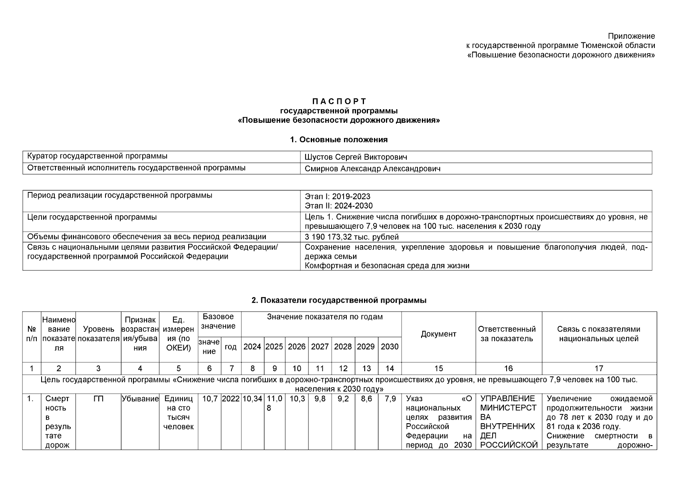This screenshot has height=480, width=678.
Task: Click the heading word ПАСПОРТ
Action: [339, 101]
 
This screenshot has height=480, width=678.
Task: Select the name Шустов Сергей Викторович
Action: [356, 157]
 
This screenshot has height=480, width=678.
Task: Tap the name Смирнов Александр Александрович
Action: [372, 169]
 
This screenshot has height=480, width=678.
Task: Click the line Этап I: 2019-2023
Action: [337, 196]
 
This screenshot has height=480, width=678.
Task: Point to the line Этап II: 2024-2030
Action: [338, 206]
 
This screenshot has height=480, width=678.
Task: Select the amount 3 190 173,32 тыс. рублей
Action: [352, 237]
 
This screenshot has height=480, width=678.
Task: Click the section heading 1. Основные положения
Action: [339, 140]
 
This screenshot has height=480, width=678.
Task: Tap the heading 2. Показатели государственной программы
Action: [339, 300]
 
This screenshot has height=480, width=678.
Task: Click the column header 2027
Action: [320, 347]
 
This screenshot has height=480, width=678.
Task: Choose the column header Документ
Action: [438, 334]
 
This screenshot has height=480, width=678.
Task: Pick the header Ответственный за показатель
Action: [507, 334]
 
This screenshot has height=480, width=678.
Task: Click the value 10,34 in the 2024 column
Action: [253, 399]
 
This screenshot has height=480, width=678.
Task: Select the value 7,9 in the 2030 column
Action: [390, 399]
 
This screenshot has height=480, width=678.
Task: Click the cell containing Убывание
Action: [140, 399]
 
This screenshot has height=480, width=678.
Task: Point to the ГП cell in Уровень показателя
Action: [98, 399]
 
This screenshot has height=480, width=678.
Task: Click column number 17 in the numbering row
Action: [599, 368]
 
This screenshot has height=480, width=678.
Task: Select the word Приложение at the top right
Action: [631, 36]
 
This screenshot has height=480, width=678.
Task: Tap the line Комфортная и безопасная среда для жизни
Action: [387, 266]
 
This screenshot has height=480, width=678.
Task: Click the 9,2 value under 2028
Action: [343, 399]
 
